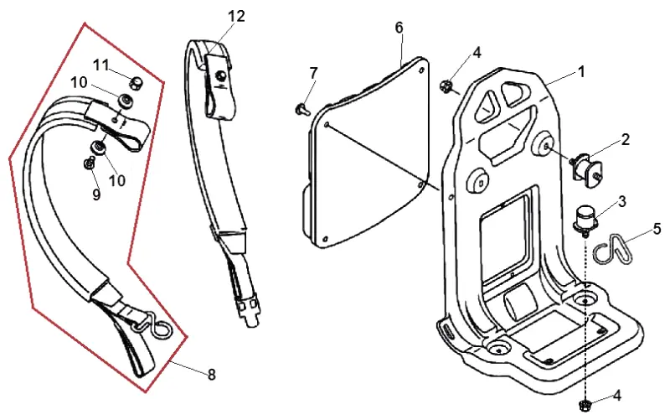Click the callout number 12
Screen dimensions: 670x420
236,16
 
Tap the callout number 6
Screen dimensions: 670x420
399,28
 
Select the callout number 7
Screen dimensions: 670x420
314,73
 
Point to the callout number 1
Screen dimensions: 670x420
581,71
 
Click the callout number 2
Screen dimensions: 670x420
625,139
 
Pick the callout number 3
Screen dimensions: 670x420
621,201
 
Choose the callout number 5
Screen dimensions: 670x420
657,229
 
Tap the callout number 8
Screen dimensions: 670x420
212,375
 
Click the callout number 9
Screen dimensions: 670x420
96,194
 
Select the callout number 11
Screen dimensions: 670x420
101,65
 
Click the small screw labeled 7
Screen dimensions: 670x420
301,110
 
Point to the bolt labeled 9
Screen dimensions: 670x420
90,163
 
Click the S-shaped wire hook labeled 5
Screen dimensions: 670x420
614,249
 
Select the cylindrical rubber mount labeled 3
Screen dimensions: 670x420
584,219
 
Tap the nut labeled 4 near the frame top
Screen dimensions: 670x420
446,86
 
